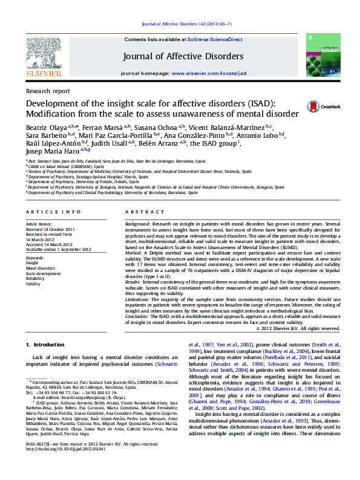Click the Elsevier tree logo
pos(44,53)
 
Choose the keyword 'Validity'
pos(33,284)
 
